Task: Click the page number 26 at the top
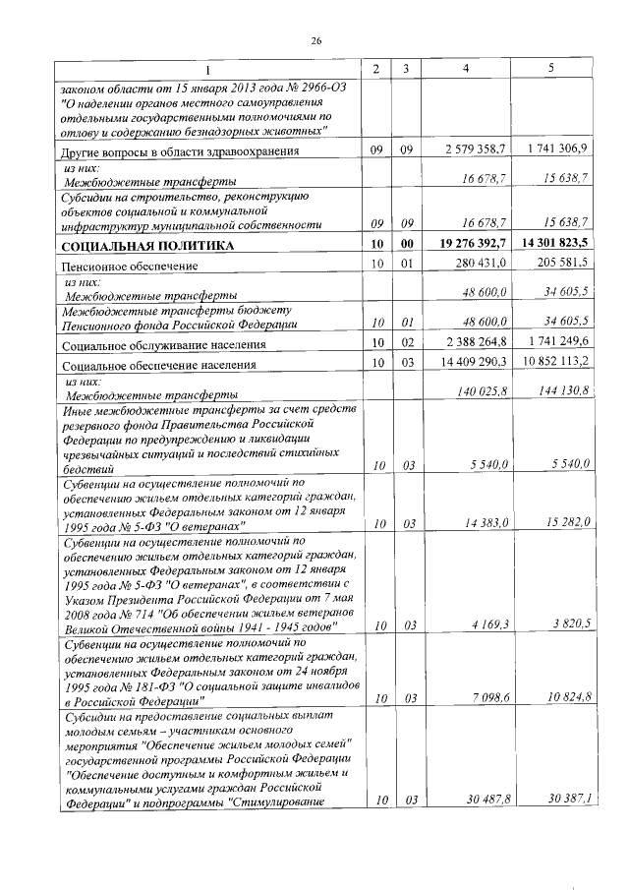coord(316,40)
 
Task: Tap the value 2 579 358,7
coord(478,149)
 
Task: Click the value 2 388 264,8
coord(478,342)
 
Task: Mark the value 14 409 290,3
coord(475,363)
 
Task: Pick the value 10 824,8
coord(568,698)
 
